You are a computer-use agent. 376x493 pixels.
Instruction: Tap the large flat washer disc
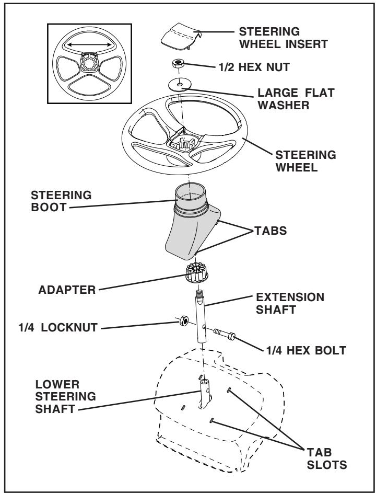181,84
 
